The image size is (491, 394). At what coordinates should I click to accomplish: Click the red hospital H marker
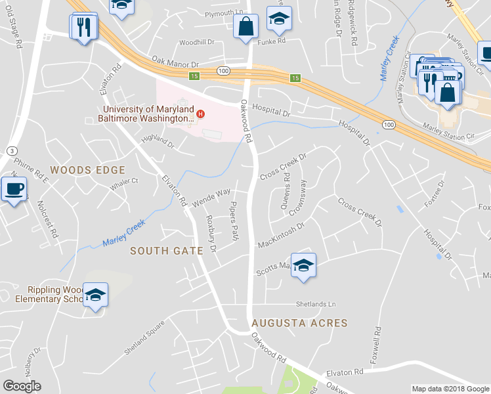click(x=202, y=114)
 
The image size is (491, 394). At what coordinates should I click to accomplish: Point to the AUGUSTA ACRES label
click(x=299, y=323)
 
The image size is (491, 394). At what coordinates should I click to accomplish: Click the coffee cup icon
click(x=14, y=190)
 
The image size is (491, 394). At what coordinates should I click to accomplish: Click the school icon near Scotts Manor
click(x=303, y=265)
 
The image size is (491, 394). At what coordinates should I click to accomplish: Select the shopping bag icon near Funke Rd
click(x=246, y=27)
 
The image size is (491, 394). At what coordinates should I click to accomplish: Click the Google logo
click(x=22, y=386)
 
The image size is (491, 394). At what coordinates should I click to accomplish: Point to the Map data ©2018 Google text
click(x=450, y=389)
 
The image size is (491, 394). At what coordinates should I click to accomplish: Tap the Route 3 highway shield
click(x=12, y=151)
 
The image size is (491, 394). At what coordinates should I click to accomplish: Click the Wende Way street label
click(x=210, y=195)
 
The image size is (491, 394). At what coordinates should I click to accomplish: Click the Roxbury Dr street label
click(x=211, y=233)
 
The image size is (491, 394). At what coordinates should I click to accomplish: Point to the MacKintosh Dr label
click(x=282, y=234)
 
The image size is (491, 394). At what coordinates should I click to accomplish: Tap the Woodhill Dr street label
click(x=197, y=42)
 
